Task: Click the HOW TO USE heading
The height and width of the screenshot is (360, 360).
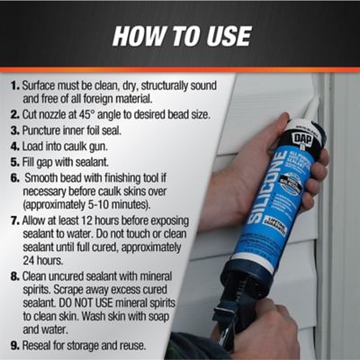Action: coord(179,37)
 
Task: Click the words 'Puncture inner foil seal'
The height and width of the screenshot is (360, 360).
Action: coord(77,131)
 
